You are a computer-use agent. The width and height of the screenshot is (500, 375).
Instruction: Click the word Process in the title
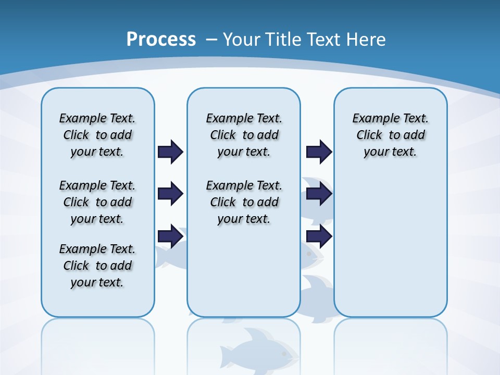click(x=161, y=40)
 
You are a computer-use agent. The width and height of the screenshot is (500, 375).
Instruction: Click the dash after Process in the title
click(x=211, y=40)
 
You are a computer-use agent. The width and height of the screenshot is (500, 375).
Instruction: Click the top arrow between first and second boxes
click(x=170, y=152)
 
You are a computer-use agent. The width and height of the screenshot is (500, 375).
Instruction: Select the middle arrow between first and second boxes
click(x=170, y=194)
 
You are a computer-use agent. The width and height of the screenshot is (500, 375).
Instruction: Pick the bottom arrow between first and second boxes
click(x=170, y=236)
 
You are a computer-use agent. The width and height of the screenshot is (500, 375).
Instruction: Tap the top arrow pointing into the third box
click(x=319, y=152)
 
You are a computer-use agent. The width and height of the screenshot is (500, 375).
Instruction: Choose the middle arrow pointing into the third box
click(x=319, y=194)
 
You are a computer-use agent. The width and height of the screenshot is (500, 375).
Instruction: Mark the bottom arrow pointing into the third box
click(x=319, y=236)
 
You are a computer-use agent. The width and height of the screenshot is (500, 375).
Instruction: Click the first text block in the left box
click(x=97, y=135)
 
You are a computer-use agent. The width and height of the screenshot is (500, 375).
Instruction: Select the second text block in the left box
click(x=97, y=202)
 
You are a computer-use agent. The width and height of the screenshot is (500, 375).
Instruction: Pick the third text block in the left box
click(x=97, y=266)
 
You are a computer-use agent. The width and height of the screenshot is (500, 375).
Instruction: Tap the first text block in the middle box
click(x=244, y=135)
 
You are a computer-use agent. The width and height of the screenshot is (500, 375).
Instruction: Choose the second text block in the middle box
click(x=244, y=202)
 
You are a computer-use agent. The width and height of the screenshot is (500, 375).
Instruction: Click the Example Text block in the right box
click(x=390, y=135)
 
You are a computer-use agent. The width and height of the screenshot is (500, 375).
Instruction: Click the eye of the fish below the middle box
click(x=284, y=353)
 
